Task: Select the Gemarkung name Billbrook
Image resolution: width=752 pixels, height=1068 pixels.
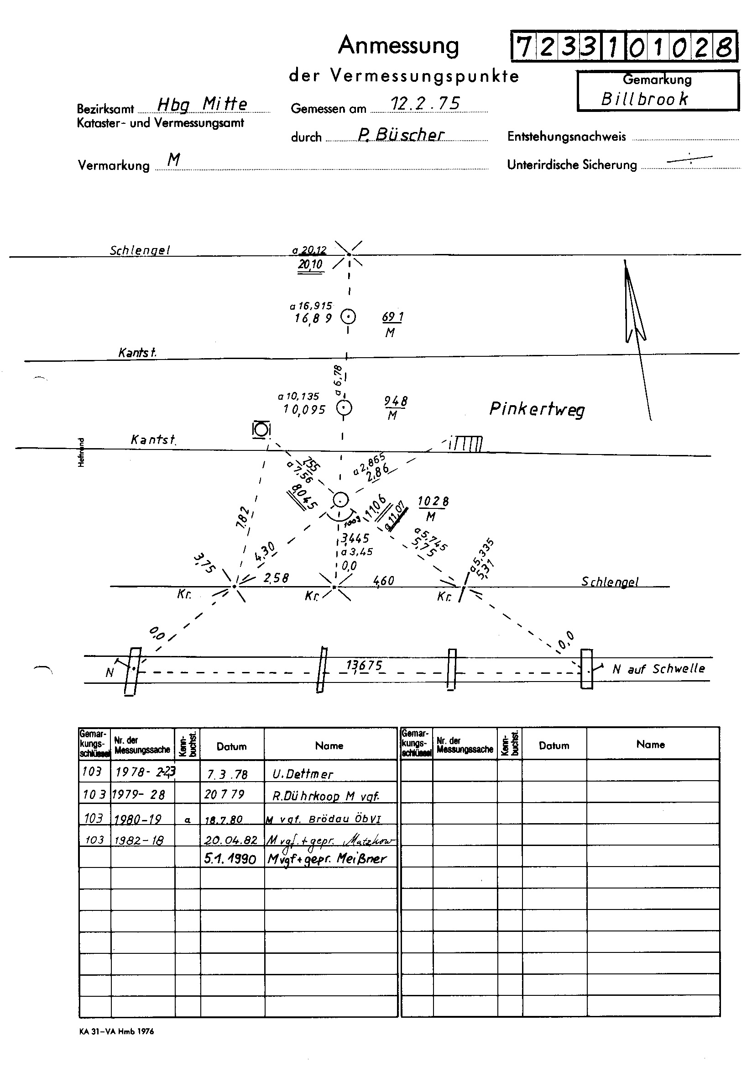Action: (x=644, y=99)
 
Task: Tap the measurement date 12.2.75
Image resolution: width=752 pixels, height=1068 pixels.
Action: (x=425, y=104)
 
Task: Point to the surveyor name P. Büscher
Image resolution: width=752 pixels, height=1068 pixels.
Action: (x=401, y=134)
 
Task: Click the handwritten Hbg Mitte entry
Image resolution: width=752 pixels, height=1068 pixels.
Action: (x=202, y=105)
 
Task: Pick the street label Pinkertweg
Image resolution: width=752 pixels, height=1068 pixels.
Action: (x=537, y=409)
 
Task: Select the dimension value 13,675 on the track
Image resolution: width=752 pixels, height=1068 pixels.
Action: (x=364, y=666)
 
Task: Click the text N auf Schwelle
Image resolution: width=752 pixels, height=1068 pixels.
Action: (x=658, y=669)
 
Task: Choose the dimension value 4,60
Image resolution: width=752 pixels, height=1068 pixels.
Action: (x=383, y=581)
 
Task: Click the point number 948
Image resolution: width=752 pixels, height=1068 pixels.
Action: (x=396, y=402)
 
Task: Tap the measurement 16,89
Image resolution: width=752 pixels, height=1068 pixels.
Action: (x=313, y=319)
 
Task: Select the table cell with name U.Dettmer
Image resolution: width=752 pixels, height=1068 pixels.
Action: (x=303, y=774)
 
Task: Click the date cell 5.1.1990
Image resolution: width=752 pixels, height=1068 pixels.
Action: (x=230, y=859)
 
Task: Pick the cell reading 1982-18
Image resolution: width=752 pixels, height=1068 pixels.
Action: (x=139, y=840)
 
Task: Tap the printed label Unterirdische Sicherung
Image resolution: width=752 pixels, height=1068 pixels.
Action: (x=572, y=164)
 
